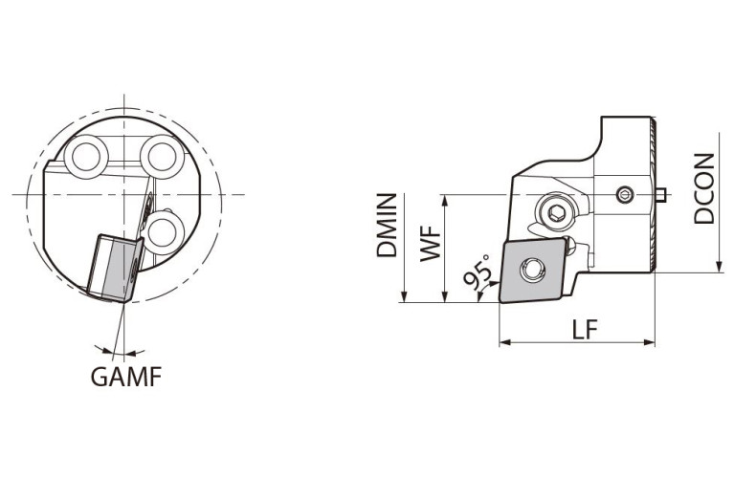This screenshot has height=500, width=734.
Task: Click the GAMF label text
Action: pos(126,377)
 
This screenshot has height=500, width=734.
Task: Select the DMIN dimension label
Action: pos(387,226)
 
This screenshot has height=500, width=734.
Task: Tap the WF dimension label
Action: pos(431,244)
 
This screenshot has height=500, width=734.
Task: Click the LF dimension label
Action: pos(586,330)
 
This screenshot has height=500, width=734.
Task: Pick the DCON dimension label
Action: pos(705,188)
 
